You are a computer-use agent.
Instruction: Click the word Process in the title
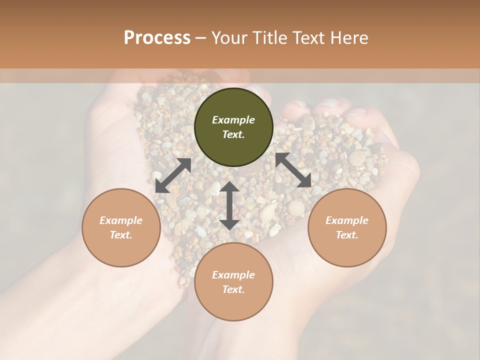[157, 38]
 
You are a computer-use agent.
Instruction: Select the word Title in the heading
[269, 38]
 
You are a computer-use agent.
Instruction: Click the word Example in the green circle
[233, 120]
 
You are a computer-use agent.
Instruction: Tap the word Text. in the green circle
[233, 134]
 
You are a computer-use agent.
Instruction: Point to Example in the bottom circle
[233, 275]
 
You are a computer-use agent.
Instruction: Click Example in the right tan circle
[347, 220]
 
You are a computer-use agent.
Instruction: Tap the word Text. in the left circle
[121, 235]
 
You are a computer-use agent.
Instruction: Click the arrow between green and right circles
[293, 170]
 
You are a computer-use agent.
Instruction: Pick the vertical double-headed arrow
[229, 205]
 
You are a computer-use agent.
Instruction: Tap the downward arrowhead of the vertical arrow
[229, 224]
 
